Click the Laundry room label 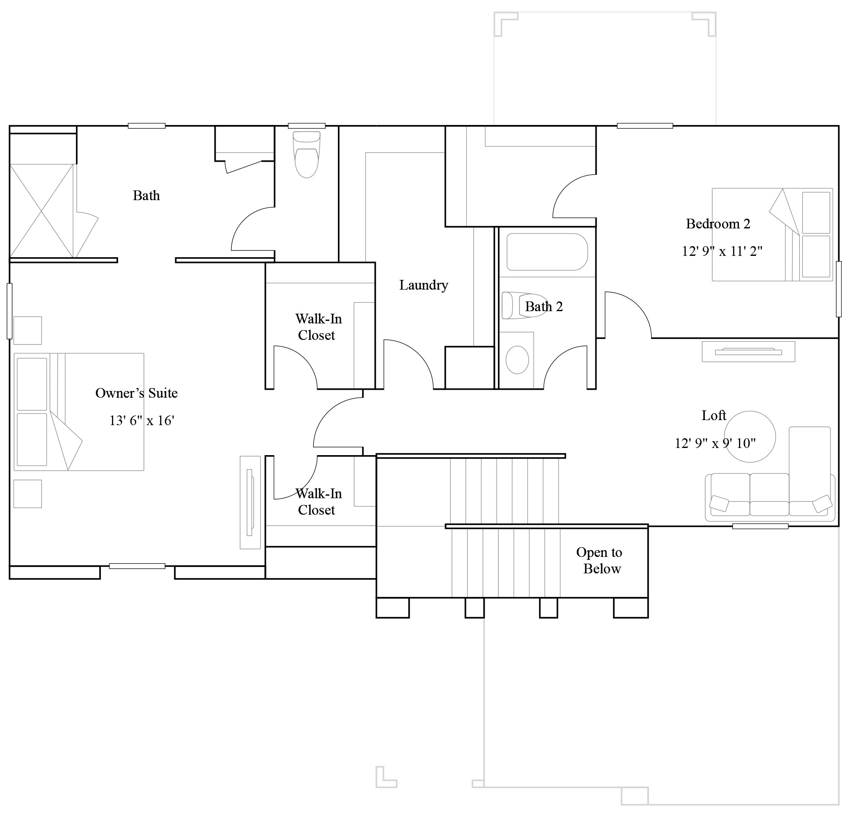tap(423, 285)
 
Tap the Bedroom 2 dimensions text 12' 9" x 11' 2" tap(722, 251)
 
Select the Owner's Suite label tap(136, 393)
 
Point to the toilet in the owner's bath tap(307, 155)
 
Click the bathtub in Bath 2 tap(547, 252)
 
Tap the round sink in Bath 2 tap(517, 359)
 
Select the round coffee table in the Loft tap(750, 437)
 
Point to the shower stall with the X tap(41, 211)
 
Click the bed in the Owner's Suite tap(79, 412)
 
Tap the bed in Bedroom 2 tap(772, 235)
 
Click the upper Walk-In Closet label tap(318, 327)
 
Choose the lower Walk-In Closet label tap(318, 502)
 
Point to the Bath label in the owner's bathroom tap(146, 196)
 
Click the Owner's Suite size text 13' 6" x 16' tap(141, 421)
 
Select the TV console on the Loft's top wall tap(748, 352)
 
